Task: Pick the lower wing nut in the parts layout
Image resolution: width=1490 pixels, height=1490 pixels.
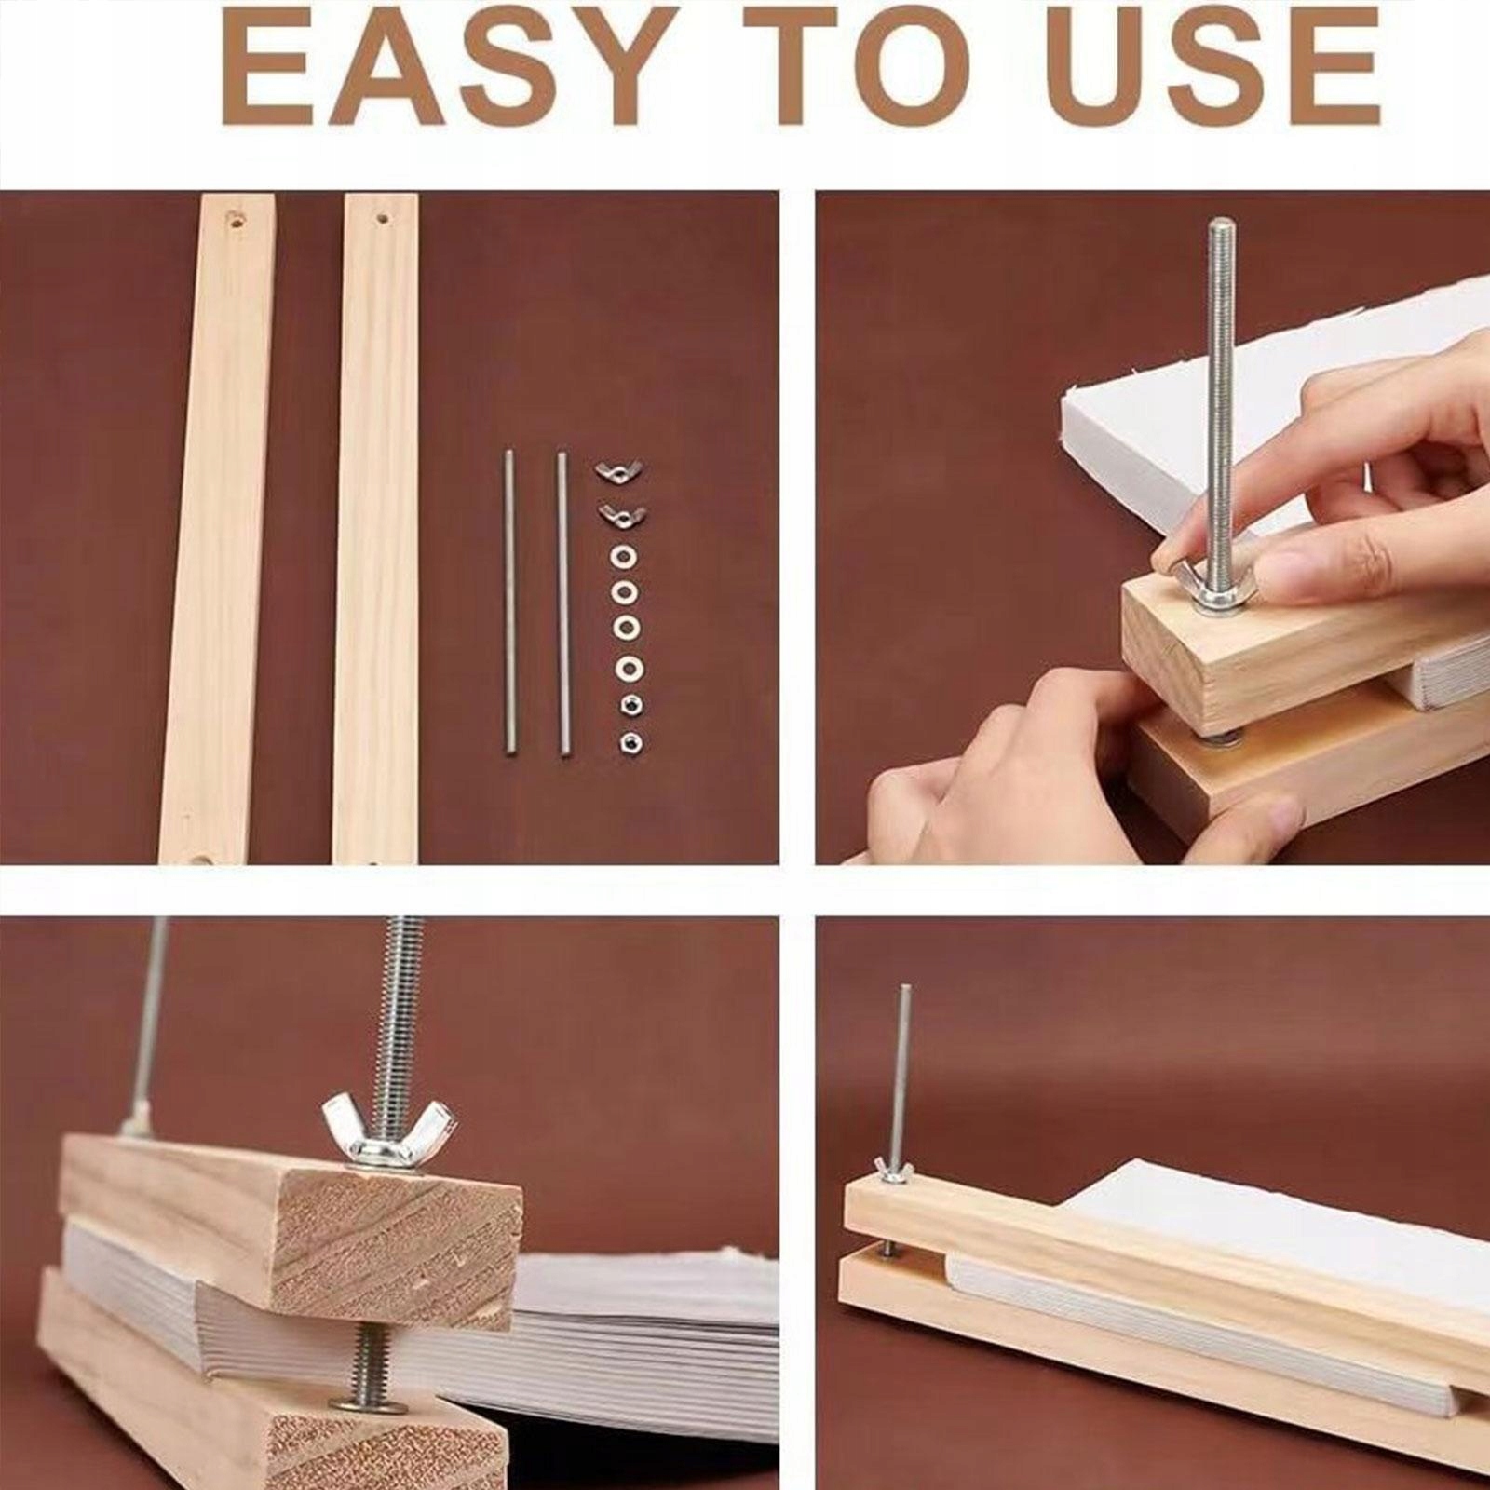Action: point(621,513)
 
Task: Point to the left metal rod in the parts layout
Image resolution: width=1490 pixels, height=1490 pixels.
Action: point(509,603)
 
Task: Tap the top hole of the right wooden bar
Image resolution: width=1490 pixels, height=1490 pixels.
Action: point(381,220)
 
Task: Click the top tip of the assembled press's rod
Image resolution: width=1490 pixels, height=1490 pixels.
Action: point(904,988)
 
